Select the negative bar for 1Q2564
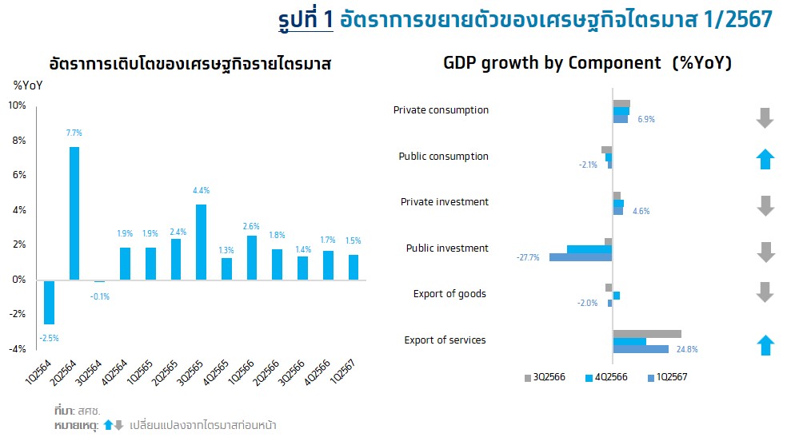coord(49,302)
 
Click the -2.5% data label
coord(49,338)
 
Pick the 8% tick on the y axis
coord(17,141)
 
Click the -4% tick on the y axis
coord(16,349)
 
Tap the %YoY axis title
coord(28,85)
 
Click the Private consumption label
coord(441,110)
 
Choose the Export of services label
coord(445,340)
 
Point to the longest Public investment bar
coord(581,257)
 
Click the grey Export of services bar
coord(646,334)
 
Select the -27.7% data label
coord(529,258)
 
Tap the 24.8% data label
coord(686,349)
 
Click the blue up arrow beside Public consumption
coord(765,158)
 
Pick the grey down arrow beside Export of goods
coord(765,292)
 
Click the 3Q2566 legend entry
coord(545,377)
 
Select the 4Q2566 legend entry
coord(607,377)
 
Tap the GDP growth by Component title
coord(587,63)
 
